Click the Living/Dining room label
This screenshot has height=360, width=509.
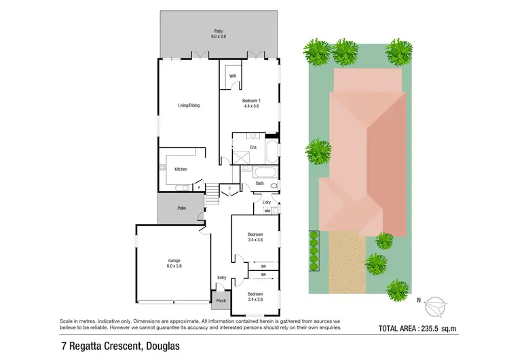(189, 105)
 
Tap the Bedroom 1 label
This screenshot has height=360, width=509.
(251, 100)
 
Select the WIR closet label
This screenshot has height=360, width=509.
(232, 76)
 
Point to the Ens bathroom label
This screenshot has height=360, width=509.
(252, 147)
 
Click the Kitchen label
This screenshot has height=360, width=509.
(181, 169)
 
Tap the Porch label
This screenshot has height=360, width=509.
(221, 301)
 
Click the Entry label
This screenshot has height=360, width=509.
(221, 277)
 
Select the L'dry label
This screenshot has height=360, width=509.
(266, 202)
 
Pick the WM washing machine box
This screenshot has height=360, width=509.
(267, 211)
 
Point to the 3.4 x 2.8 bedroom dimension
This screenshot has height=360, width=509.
(255, 299)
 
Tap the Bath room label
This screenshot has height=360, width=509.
(259, 183)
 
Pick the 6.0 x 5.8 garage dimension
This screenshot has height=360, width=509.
(174, 266)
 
